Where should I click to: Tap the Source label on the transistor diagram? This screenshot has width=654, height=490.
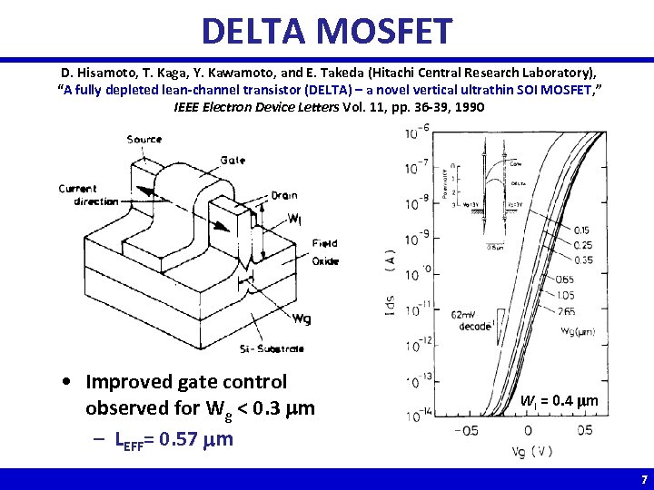tap(144, 139)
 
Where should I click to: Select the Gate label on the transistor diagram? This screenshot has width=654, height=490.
tap(232, 161)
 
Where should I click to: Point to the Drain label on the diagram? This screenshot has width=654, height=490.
tap(283, 195)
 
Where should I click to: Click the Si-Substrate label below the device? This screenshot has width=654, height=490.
tap(273, 348)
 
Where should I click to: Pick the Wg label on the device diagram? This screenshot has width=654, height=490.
tap(301, 318)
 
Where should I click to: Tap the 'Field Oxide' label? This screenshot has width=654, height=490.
tap(324, 252)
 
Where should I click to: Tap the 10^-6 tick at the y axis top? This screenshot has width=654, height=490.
tap(418, 133)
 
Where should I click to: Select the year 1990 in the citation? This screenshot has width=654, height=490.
tap(467, 106)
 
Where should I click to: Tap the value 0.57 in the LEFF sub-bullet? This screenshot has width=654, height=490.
tap(178, 440)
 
